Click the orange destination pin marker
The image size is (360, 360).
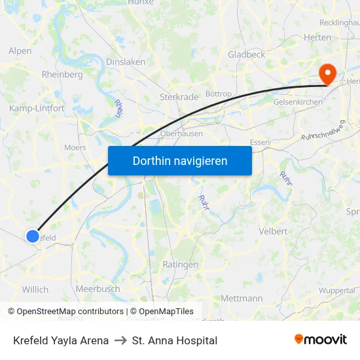click(x=325, y=74)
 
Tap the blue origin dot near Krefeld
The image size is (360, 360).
click(x=33, y=236)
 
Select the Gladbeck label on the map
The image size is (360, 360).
click(x=246, y=54)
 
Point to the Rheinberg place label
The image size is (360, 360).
click(x=62, y=75)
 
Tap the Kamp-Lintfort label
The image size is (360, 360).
click(x=37, y=108)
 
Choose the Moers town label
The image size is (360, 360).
click(x=75, y=147)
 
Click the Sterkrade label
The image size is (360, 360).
click(x=179, y=97)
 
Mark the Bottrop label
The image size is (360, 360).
click(x=219, y=94)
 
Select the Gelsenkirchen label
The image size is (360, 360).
click(x=297, y=103)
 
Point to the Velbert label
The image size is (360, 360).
click(x=273, y=231)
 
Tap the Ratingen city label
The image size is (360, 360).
click(x=181, y=264)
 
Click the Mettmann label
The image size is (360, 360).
click(x=242, y=298)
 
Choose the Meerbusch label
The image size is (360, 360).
click(x=98, y=289)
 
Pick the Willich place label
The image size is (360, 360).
click(x=35, y=289)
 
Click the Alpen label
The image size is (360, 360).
click(x=20, y=50)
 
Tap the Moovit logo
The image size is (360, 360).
click(x=320, y=340)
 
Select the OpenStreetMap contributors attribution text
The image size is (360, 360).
click(x=70, y=312)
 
